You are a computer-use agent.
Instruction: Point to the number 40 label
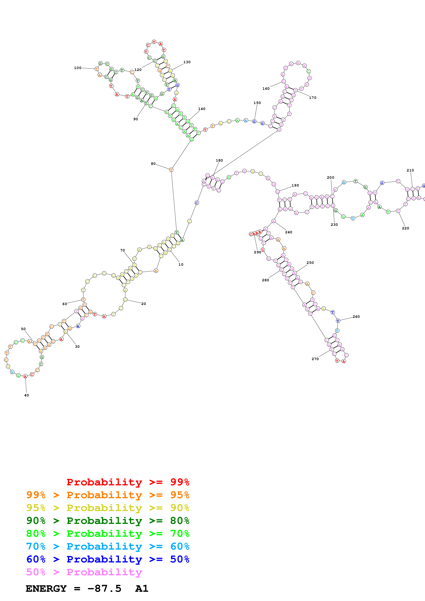pyautogui.click(x=26, y=395)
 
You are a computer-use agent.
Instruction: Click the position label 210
pyautogui.click(x=410, y=170)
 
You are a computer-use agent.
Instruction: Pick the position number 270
pyautogui.click(x=315, y=359)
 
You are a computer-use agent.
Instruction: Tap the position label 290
pyautogui.click(x=257, y=252)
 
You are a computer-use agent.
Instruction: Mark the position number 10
pyautogui.click(x=181, y=264)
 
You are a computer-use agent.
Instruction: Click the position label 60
pyautogui.click(x=65, y=304)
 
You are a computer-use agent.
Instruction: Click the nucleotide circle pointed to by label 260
pyautogui.click(x=338, y=321)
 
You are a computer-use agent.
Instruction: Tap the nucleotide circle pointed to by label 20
pyautogui.click(x=125, y=300)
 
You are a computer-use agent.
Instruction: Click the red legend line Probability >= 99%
pyautogui.click(x=128, y=482)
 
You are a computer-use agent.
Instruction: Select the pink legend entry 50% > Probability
pyautogui.click(x=84, y=572)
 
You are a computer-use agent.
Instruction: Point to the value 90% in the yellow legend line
pyautogui.click(x=180, y=508)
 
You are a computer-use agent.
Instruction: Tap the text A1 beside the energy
pyautogui.click(x=142, y=588)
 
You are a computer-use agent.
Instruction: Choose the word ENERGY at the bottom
pyautogui.click(x=46, y=588)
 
